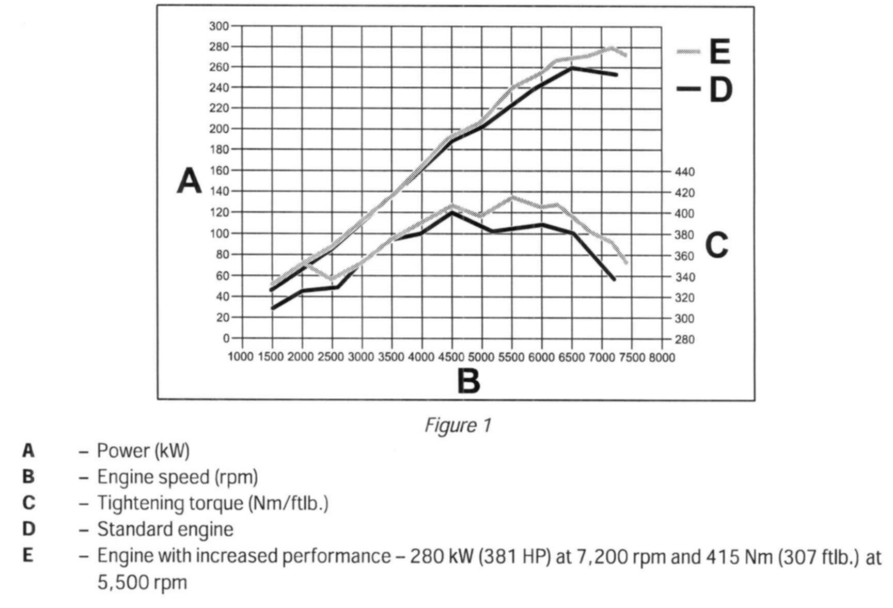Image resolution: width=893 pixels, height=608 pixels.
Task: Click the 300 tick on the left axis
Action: coord(219,26)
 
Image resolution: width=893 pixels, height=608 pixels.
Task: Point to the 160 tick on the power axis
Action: coord(219,170)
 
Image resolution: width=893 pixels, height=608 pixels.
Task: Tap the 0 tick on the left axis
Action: coord(226,338)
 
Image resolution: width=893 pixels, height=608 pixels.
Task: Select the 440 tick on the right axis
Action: coord(685,172)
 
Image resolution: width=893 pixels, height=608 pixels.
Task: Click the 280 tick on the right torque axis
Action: coord(685,339)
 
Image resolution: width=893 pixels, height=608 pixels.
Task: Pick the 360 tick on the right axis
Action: coord(685,256)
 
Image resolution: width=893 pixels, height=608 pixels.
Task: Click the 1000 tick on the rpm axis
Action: coord(241,357)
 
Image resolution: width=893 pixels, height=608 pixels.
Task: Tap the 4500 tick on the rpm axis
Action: coord(451,357)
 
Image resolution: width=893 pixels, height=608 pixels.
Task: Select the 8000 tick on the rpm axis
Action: coord(662,357)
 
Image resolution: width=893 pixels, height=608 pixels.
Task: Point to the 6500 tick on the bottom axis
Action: coord(571,357)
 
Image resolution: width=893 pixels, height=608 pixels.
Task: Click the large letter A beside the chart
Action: coord(189,181)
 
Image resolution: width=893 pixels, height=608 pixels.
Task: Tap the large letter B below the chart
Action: coord(468,381)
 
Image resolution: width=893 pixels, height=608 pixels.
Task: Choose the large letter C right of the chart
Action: coord(716,245)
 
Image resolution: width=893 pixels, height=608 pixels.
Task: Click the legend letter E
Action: coord(719,52)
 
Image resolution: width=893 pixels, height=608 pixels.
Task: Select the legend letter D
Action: coord(720,90)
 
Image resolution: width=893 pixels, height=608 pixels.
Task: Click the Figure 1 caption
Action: coord(457,426)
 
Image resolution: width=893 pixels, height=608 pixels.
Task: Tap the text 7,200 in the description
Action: coord(617,556)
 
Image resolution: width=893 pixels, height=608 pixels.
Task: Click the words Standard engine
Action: coord(165,529)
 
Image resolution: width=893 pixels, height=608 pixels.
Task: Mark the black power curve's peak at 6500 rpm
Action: coord(571,68)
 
